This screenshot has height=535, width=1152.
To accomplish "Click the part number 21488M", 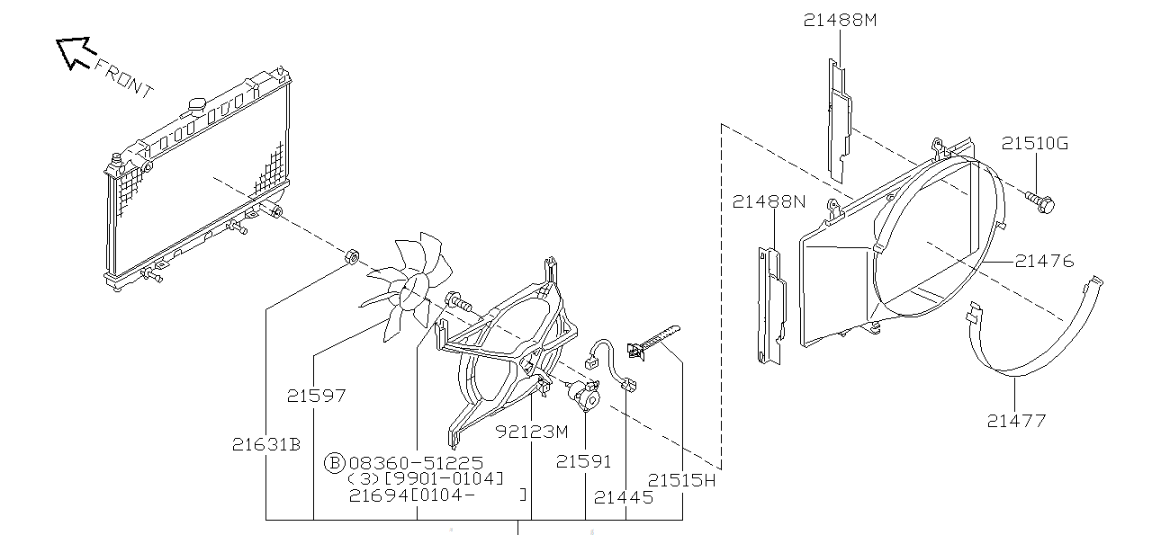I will [x=840, y=21].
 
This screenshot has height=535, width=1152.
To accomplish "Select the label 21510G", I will [x=1035, y=144].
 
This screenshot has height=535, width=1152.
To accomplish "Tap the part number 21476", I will [x=1044, y=262].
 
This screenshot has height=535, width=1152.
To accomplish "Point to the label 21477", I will [x=1016, y=420].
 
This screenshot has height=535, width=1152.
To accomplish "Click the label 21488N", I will [x=769, y=201].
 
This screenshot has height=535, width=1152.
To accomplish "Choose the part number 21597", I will [x=317, y=395].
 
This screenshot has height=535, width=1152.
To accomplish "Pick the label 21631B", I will [x=265, y=444].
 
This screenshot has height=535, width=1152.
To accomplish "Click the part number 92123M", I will [x=532, y=431].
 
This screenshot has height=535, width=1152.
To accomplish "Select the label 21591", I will [x=583, y=461].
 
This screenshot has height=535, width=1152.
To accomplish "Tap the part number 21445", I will [x=624, y=495].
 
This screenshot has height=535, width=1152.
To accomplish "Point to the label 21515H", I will [x=682, y=480].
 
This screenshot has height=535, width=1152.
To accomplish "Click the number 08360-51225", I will [x=416, y=462].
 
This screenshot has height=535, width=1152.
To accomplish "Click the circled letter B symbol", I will [x=334, y=462].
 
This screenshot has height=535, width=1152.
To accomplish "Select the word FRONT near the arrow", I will [x=123, y=78].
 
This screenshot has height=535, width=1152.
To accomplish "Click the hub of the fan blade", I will [x=415, y=290].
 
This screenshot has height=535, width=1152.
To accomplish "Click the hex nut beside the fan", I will [x=353, y=258].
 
